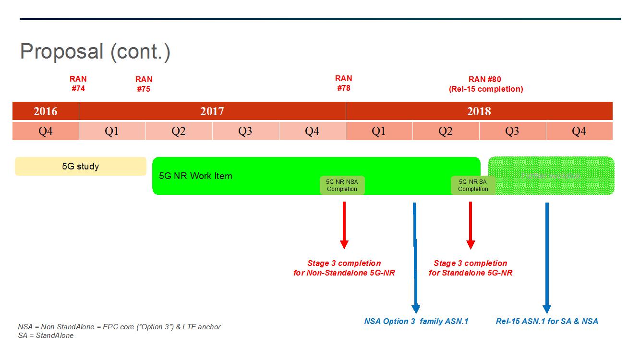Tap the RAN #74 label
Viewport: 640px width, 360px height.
tap(78, 84)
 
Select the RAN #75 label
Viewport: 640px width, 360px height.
tap(144, 84)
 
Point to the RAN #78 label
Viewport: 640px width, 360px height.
tap(344, 83)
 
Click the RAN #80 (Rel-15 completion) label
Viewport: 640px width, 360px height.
tap(485, 84)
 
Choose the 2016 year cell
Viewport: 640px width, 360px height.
tap(46, 111)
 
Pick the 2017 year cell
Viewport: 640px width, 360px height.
tap(212, 111)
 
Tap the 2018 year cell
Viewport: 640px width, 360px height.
tap(479, 111)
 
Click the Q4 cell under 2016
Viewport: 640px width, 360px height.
tap(46, 131)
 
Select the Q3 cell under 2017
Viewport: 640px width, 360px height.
tap(245, 131)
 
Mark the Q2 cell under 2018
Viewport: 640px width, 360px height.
tap(446, 131)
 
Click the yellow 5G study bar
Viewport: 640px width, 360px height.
tap(81, 167)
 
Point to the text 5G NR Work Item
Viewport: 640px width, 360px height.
tap(195, 176)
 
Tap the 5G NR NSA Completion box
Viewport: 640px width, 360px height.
tap(342, 185)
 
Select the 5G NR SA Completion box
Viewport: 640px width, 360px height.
tap(473, 185)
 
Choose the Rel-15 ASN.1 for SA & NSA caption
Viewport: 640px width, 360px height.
tap(547, 321)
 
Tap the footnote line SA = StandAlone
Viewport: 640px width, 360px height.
tap(46, 336)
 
